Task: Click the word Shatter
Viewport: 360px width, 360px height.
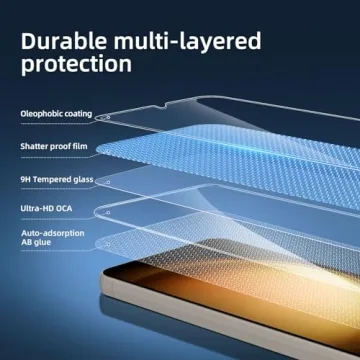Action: coord(33,147)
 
